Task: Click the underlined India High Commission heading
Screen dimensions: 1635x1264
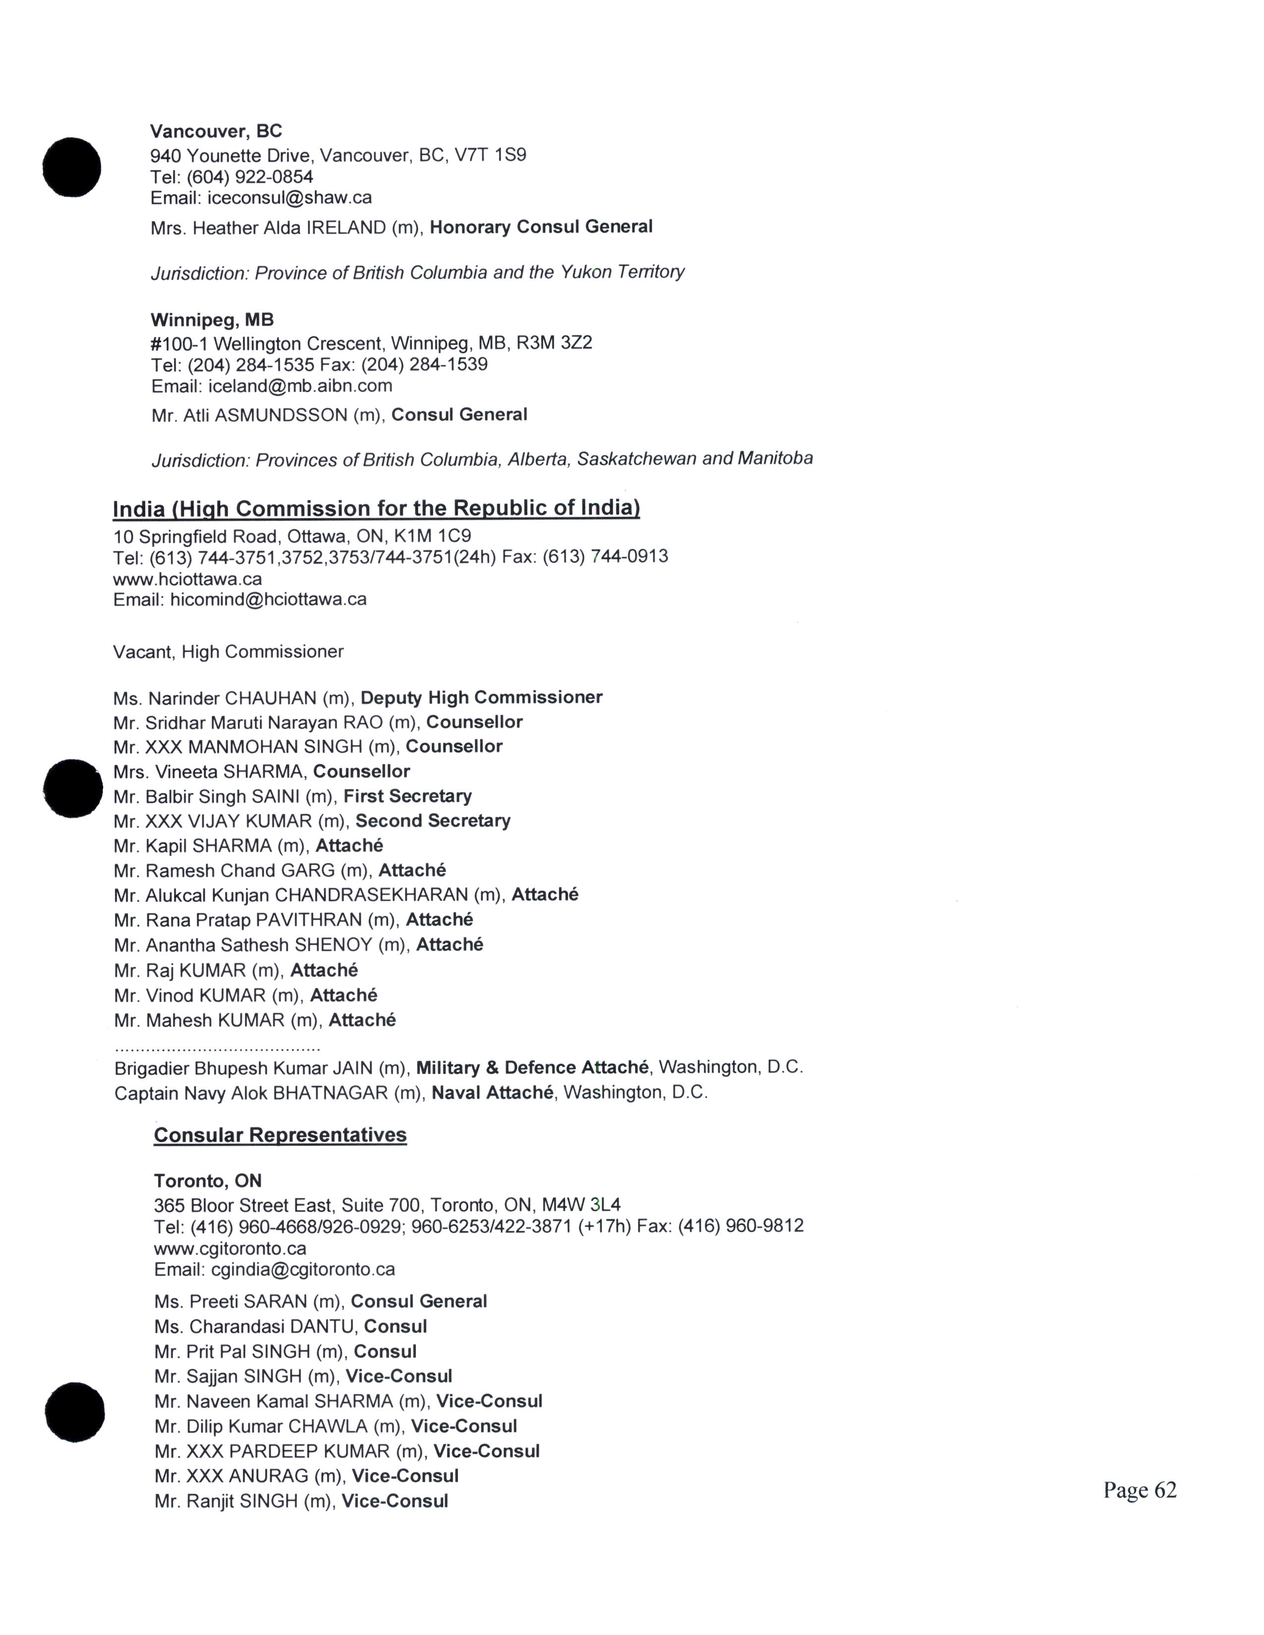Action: coord(376,508)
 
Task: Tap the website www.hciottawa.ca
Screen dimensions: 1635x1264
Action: coord(187,579)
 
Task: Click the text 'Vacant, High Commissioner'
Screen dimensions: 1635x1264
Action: coord(229,652)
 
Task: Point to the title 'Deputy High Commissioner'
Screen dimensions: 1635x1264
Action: coord(481,698)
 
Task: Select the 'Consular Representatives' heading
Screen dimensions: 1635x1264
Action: coord(280,1135)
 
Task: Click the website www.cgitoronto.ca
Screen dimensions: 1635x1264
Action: coord(230,1248)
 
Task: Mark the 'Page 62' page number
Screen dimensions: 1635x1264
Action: coord(1139,1490)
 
